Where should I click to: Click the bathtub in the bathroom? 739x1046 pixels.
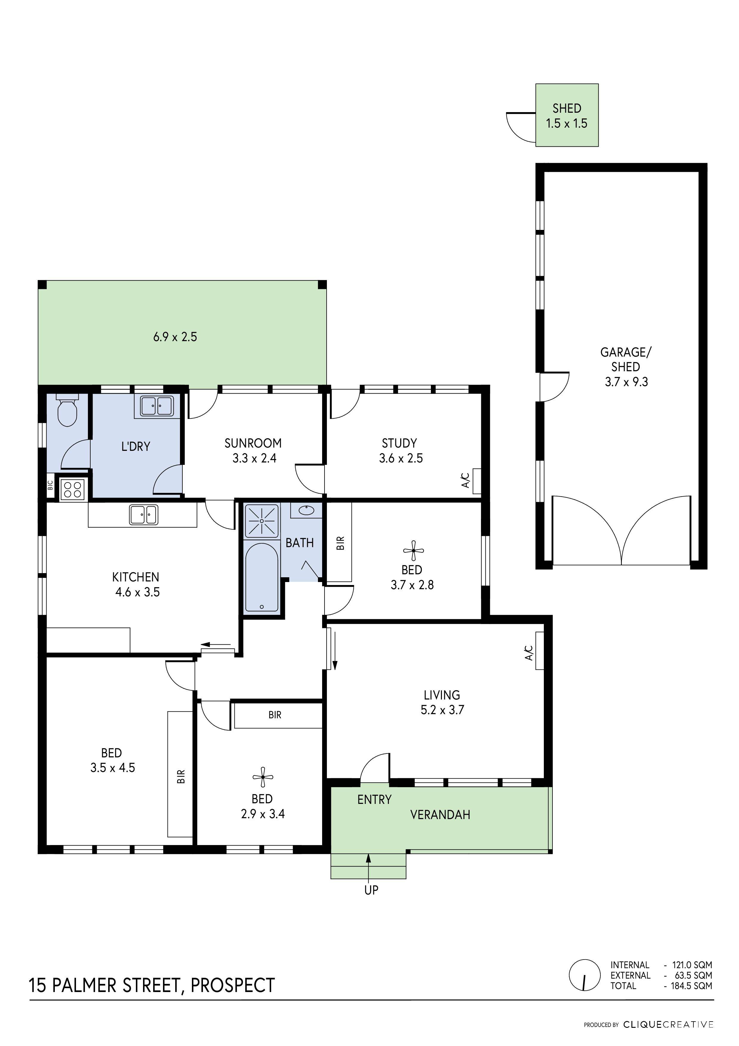click(261, 577)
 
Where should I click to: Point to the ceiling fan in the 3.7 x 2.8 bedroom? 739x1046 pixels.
click(413, 551)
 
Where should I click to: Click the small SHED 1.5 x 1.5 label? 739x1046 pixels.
click(566, 116)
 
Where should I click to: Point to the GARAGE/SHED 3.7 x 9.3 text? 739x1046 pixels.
click(626, 367)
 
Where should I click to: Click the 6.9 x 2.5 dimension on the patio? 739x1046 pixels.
click(175, 337)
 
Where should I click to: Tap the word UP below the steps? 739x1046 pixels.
click(371, 890)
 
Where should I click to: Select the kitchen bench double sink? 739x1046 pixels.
click(143, 515)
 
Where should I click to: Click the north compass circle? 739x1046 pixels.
click(584, 975)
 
